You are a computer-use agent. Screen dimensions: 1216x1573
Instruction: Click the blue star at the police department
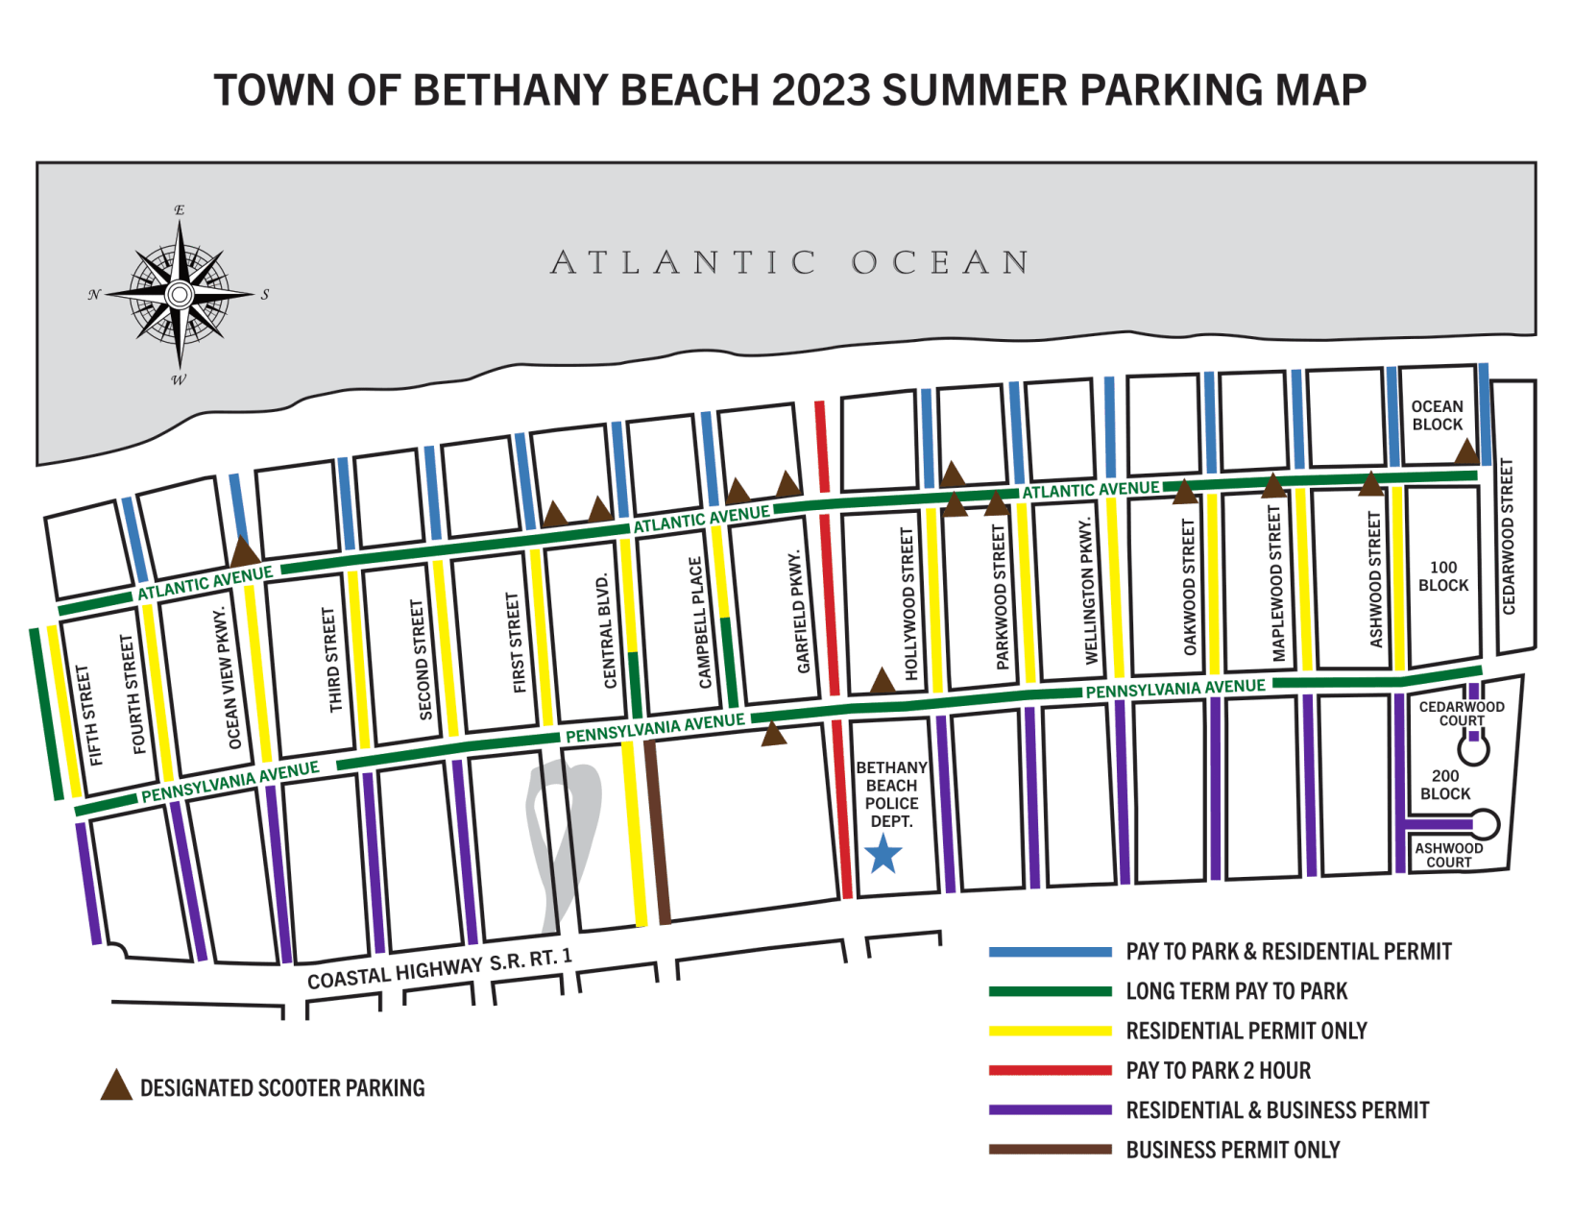click(x=883, y=854)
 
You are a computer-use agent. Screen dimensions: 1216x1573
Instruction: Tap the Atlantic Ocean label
click(x=790, y=262)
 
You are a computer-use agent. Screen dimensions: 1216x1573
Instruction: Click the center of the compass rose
click(x=180, y=294)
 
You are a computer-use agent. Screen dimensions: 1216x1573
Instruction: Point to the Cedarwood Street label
click(x=1508, y=537)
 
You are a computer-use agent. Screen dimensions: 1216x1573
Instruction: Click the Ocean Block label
click(x=1437, y=416)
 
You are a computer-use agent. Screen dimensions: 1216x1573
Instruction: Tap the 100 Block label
click(x=1442, y=576)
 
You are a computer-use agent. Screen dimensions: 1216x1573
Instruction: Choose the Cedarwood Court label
click(x=1462, y=714)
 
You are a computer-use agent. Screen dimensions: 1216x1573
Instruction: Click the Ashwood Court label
click(x=1448, y=855)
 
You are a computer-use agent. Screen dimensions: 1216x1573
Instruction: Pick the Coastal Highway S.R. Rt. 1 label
click(x=440, y=969)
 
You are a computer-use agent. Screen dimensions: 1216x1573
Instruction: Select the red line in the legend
click(x=1050, y=1070)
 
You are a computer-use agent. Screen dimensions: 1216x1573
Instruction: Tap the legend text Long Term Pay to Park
click(x=1236, y=991)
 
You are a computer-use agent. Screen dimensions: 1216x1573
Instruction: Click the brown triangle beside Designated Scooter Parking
click(x=116, y=1086)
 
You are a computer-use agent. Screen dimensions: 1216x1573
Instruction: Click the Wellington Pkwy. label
click(x=1089, y=591)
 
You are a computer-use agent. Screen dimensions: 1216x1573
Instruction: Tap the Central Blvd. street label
click(x=607, y=630)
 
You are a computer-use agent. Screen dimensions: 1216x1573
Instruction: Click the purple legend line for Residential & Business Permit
click(x=1050, y=1110)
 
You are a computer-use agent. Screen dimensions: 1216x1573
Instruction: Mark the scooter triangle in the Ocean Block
click(x=1465, y=452)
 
